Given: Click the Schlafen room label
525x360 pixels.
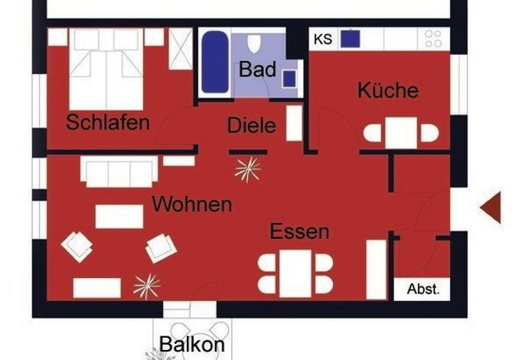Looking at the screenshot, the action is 108,122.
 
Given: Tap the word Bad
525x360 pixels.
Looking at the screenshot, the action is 257,69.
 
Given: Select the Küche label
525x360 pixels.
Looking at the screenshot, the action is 388,90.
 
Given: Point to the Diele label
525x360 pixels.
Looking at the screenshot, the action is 252,126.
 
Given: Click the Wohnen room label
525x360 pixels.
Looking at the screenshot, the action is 192,204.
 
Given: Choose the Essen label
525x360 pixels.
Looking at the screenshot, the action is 299,231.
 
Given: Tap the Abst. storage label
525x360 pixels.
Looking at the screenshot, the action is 423,289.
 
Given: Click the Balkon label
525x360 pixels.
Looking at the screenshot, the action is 192,344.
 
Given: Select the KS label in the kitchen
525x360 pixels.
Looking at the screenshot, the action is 323,39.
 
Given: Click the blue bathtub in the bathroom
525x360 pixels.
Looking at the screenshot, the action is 215,62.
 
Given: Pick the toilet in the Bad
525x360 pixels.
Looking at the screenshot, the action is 254,43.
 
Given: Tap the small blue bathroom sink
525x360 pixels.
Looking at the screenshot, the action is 289,79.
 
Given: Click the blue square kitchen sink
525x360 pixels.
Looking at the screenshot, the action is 351,39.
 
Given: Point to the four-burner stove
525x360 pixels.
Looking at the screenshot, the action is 433,38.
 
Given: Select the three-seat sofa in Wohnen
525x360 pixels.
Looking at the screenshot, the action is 119,172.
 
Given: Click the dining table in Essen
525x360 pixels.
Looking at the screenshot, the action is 295,273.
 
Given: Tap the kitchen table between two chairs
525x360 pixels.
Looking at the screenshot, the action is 401,133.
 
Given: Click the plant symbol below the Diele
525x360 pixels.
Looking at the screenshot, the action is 248,169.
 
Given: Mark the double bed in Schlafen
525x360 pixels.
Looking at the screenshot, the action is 106,69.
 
